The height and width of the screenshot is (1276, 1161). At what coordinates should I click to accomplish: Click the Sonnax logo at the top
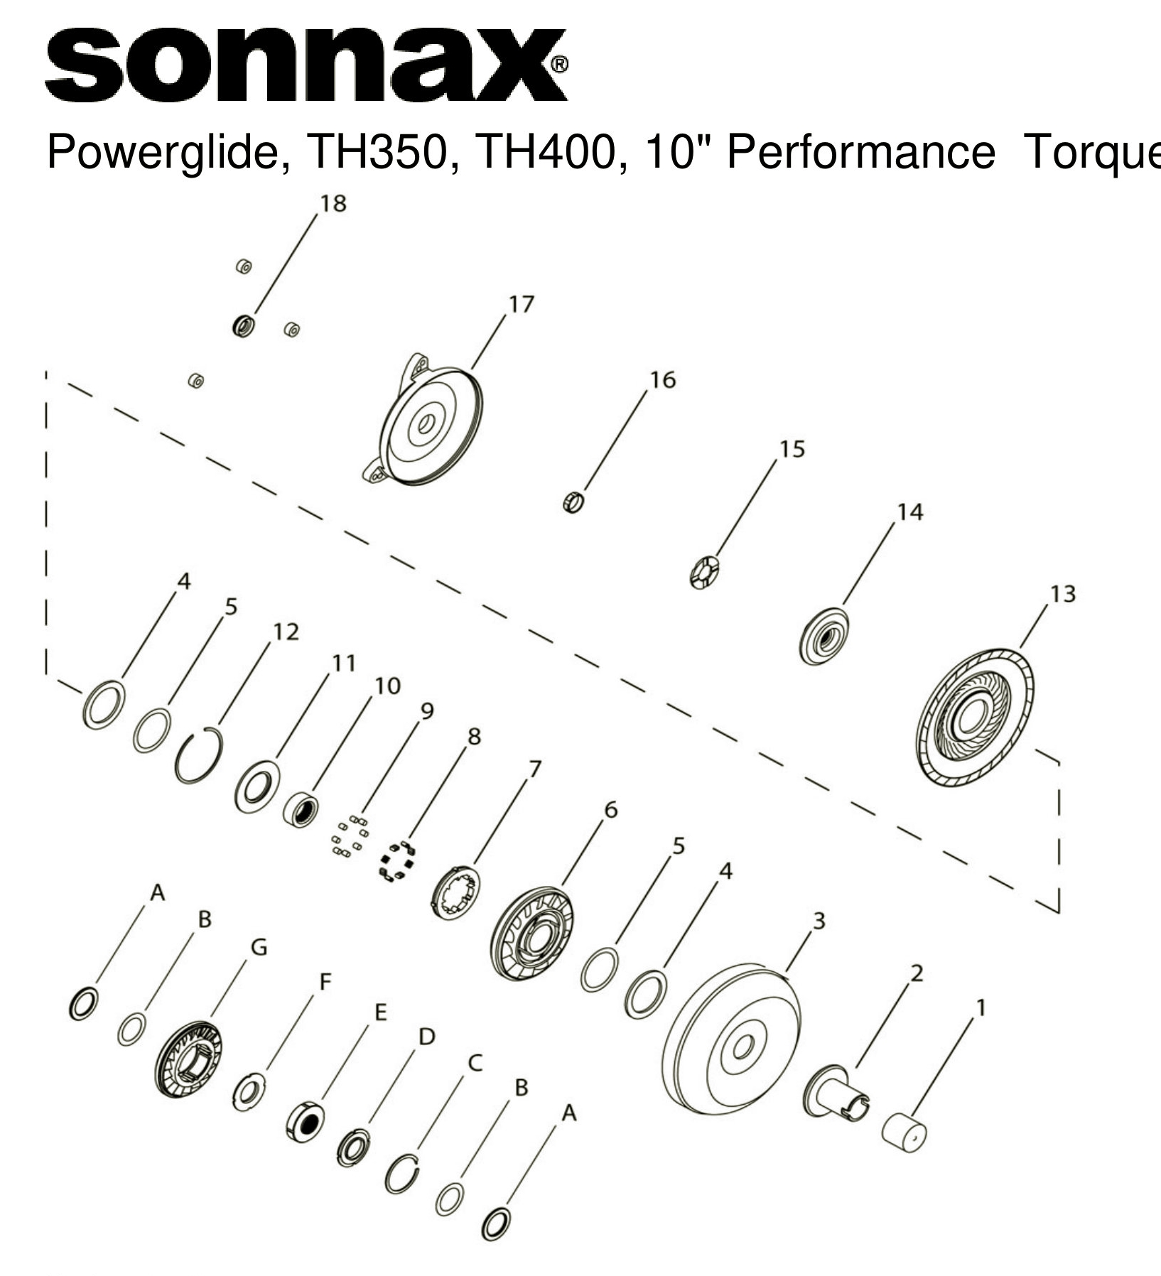click(x=306, y=65)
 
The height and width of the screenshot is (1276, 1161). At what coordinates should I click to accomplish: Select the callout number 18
click(x=333, y=203)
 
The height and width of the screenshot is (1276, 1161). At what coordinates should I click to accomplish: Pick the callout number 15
click(x=792, y=449)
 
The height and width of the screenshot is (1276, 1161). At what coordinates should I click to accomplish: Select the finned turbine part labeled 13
click(x=974, y=718)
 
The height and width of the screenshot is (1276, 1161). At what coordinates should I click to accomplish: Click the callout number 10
click(x=387, y=686)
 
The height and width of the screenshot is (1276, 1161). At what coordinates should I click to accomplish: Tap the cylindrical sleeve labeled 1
click(x=904, y=1130)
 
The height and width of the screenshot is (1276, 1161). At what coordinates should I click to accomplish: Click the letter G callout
click(x=259, y=947)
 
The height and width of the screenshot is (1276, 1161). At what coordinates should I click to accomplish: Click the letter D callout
click(x=426, y=1037)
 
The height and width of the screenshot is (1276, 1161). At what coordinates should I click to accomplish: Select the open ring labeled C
click(x=401, y=1174)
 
